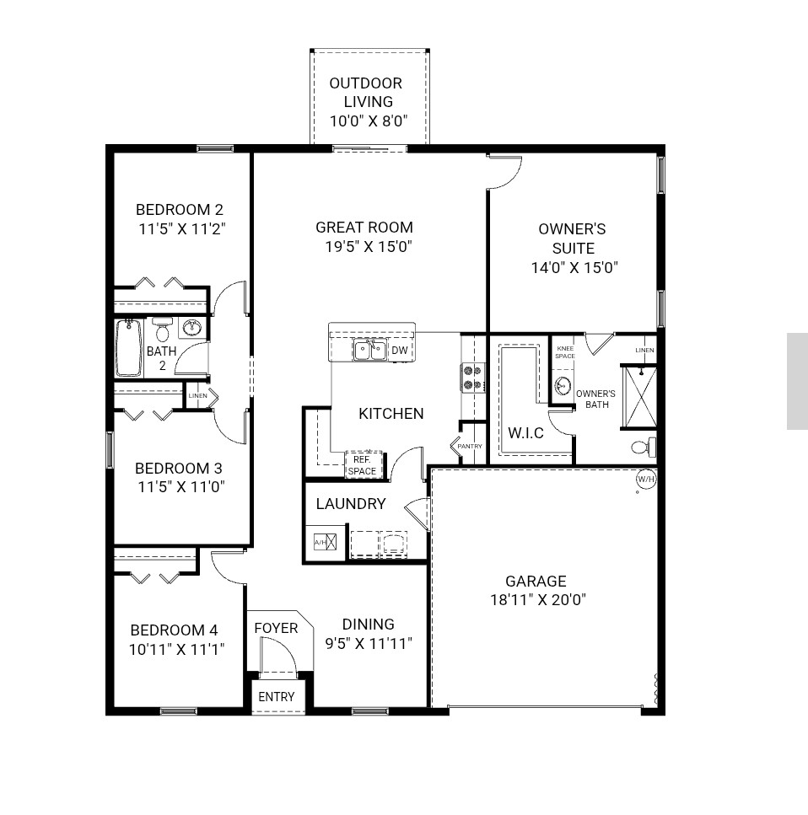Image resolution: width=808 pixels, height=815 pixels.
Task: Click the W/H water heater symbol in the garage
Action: point(646,479)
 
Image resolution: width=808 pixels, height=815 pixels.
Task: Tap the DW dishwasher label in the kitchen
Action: point(400,351)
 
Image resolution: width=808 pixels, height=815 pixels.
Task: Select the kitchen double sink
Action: point(370,350)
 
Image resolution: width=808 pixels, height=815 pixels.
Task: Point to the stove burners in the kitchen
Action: point(472,378)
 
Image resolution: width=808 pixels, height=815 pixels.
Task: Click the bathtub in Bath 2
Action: point(128,347)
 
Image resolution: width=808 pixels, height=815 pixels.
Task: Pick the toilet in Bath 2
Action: point(163,329)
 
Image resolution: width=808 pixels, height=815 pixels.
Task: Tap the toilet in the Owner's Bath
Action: point(643,448)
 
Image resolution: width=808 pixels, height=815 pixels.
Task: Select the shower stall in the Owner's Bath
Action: point(639,397)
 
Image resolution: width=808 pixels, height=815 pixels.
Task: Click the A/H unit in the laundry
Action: point(325,542)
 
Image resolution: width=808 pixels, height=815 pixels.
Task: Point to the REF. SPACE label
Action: point(362,465)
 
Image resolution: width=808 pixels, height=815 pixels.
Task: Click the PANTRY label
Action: point(470,446)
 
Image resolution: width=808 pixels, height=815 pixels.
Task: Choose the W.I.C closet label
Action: point(525,433)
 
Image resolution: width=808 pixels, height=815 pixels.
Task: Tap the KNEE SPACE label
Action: point(565,352)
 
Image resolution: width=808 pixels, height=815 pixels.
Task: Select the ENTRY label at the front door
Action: point(277,696)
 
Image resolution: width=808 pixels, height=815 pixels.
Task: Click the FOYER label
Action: point(276,628)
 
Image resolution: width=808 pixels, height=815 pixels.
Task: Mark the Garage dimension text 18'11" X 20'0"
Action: point(538,600)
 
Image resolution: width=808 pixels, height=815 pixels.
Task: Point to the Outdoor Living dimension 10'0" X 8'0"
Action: point(369,121)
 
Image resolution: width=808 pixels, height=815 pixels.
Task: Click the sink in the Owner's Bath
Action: point(563,386)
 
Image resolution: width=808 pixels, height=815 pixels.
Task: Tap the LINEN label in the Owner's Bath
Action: point(644,350)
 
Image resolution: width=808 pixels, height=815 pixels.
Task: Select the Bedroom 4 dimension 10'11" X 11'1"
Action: point(176,649)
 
